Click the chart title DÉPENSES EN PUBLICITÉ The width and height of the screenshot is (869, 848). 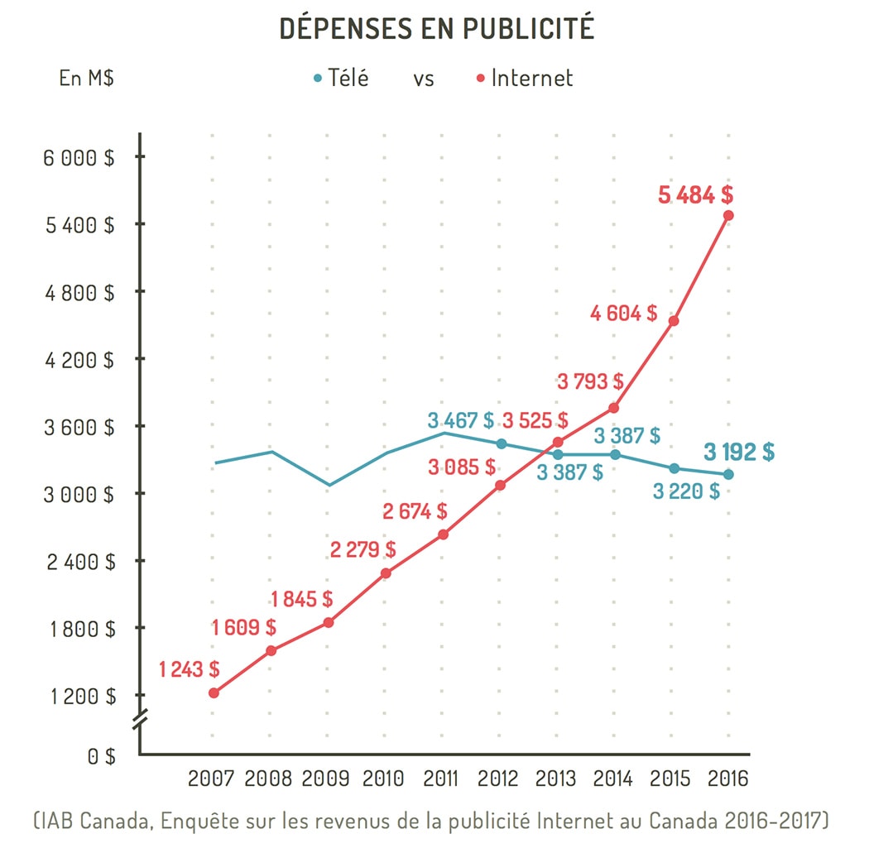click(x=437, y=28)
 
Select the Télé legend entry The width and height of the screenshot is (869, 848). click(x=341, y=79)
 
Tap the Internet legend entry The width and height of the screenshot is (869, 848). click(x=525, y=79)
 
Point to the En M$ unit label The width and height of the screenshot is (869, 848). click(x=86, y=79)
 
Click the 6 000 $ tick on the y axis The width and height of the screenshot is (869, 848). click(x=79, y=157)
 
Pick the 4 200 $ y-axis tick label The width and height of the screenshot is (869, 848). click(x=79, y=360)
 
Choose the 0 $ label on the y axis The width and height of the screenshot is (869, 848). click(x=101, y=755)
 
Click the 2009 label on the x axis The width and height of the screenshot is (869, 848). click(x=325, y=779)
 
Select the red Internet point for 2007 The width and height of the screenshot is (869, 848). click(x=214, y=692)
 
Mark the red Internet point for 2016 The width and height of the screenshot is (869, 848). click(x=728, y=215)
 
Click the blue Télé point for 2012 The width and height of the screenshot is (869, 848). click(x=501, y=443)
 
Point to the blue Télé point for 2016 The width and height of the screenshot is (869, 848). click(x=728, y=474)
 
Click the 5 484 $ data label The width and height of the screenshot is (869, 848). click(x=695, y=196)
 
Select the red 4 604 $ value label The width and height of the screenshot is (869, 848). click(x=624, y=314)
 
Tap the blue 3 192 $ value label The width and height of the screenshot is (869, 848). click(x=739, y=452)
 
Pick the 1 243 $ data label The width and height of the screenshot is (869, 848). click(x=190, y=668)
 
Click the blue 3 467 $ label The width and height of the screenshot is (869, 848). click(x=460, y=420)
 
